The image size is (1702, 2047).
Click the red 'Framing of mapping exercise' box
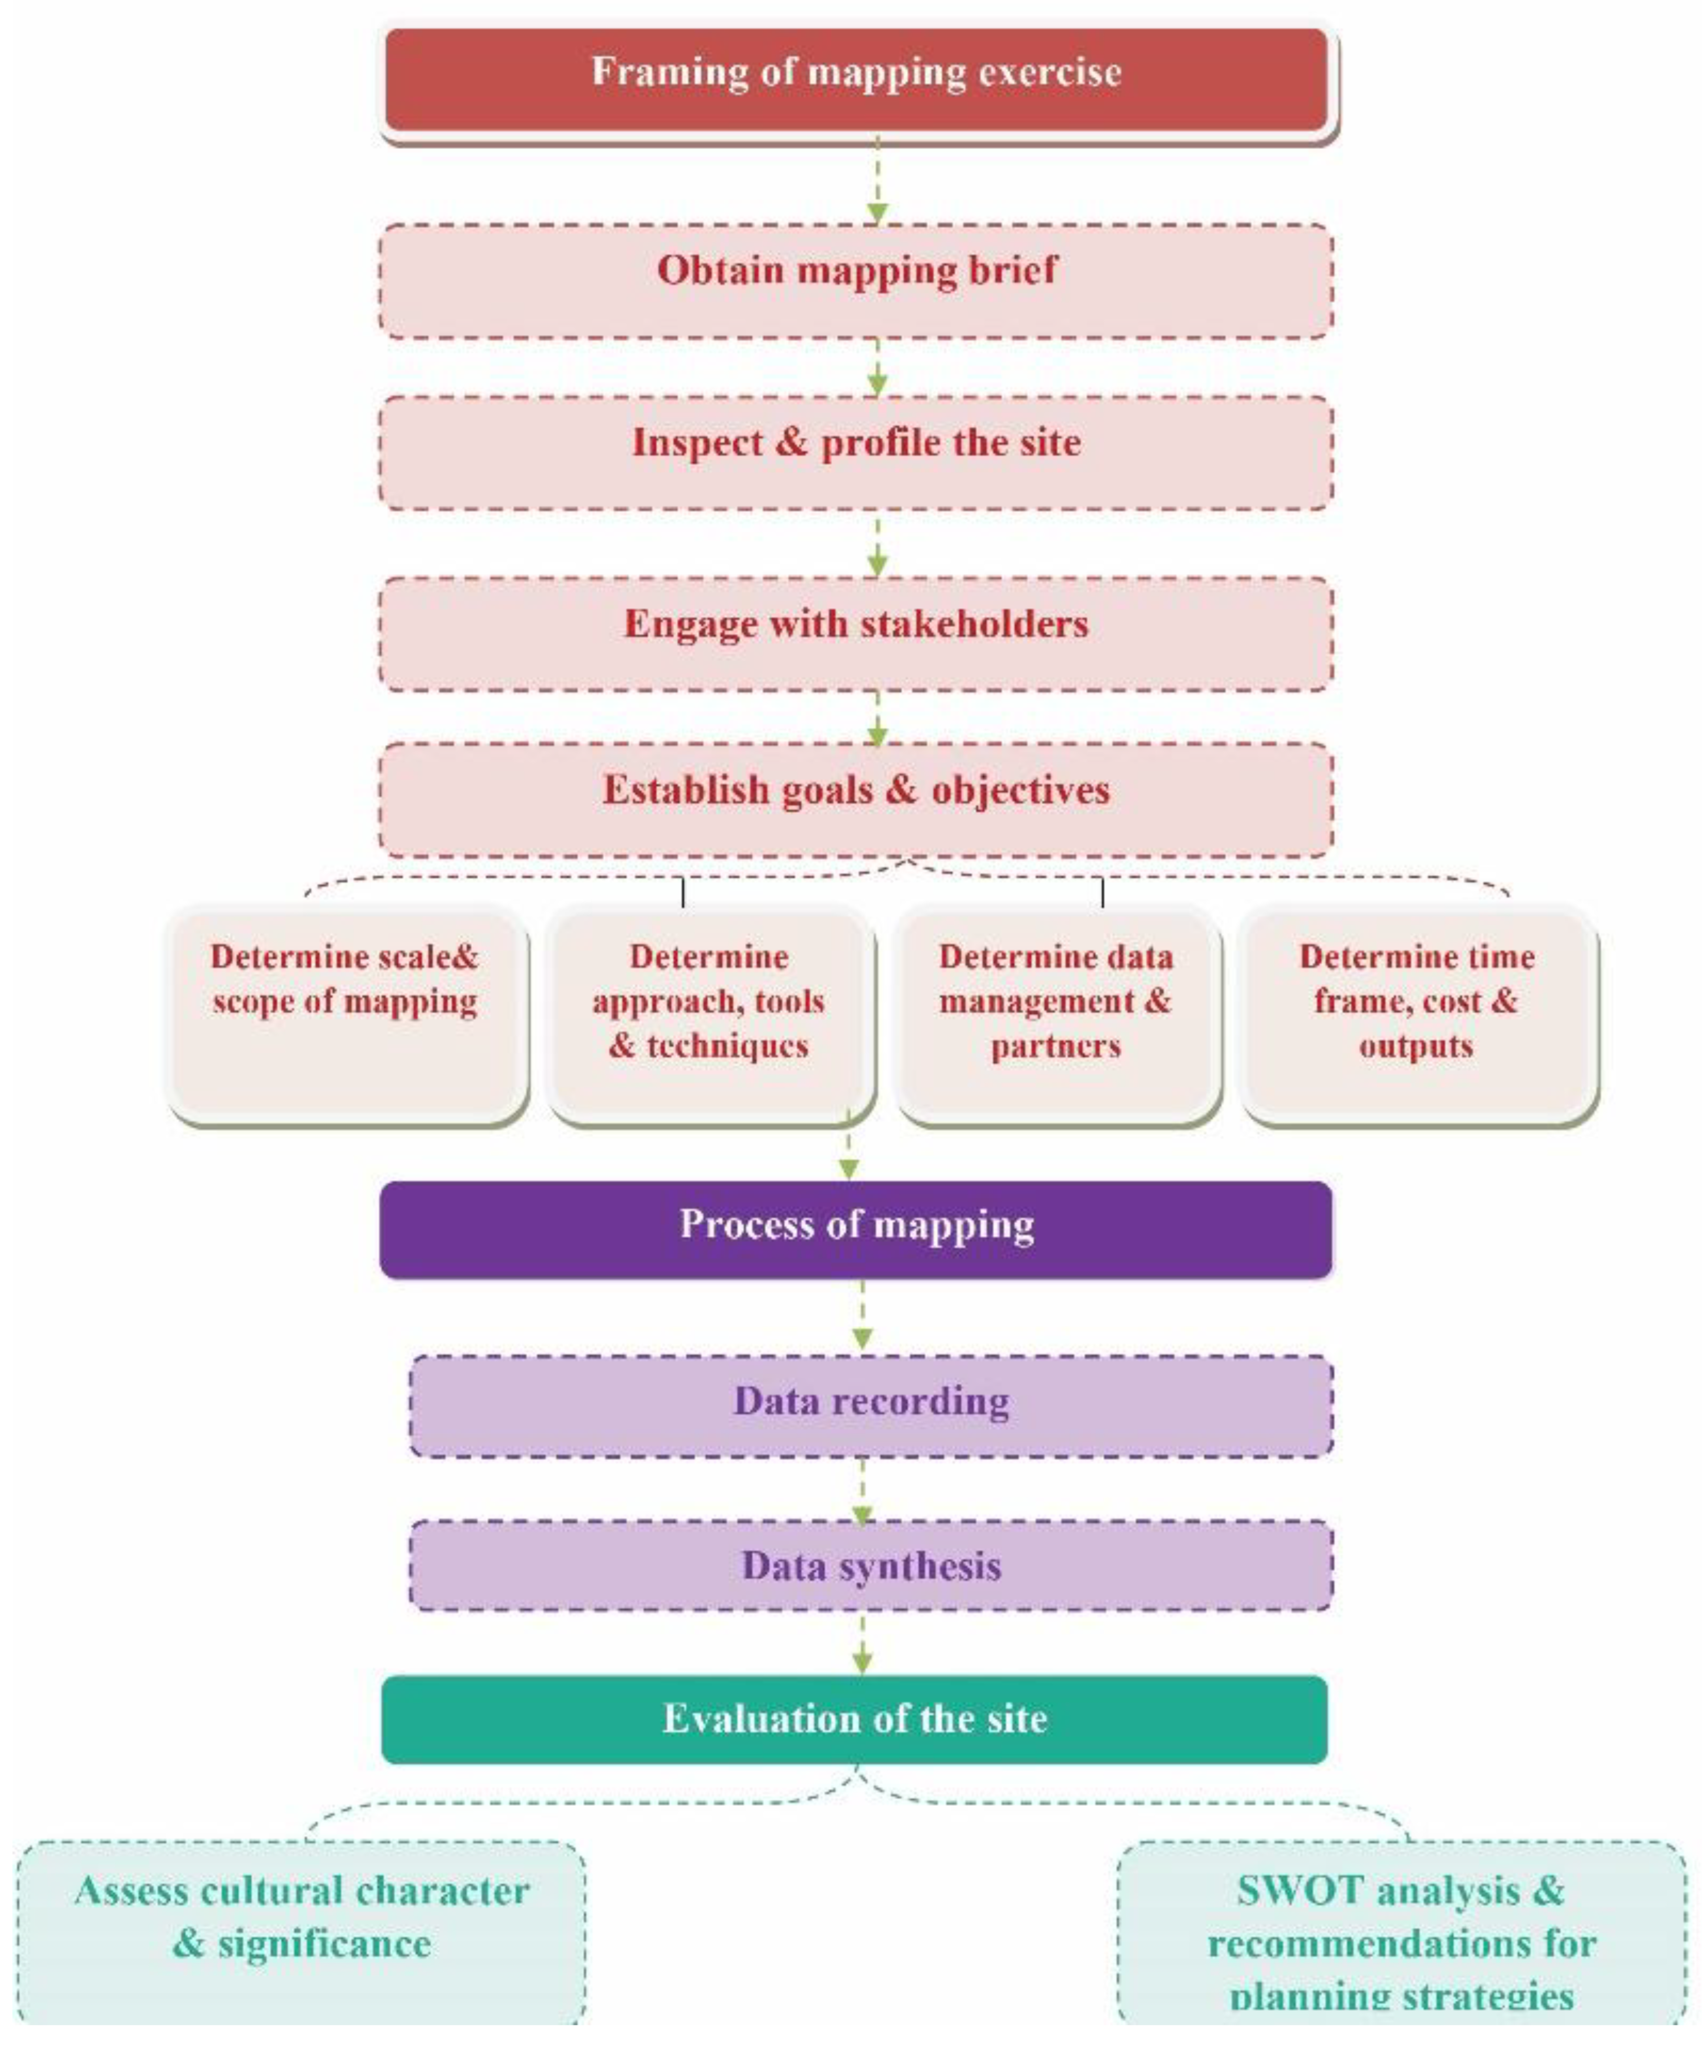[x=856, y=78]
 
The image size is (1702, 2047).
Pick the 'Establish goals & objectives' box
[x=856, y=799]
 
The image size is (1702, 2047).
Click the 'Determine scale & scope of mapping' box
[x=347, y=1014]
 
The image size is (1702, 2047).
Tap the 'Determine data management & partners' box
[x=1056, y=1014]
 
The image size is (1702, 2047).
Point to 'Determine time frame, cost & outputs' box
[x=1417, y=1014]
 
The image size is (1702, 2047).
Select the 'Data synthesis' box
[x=870, y=1566]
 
